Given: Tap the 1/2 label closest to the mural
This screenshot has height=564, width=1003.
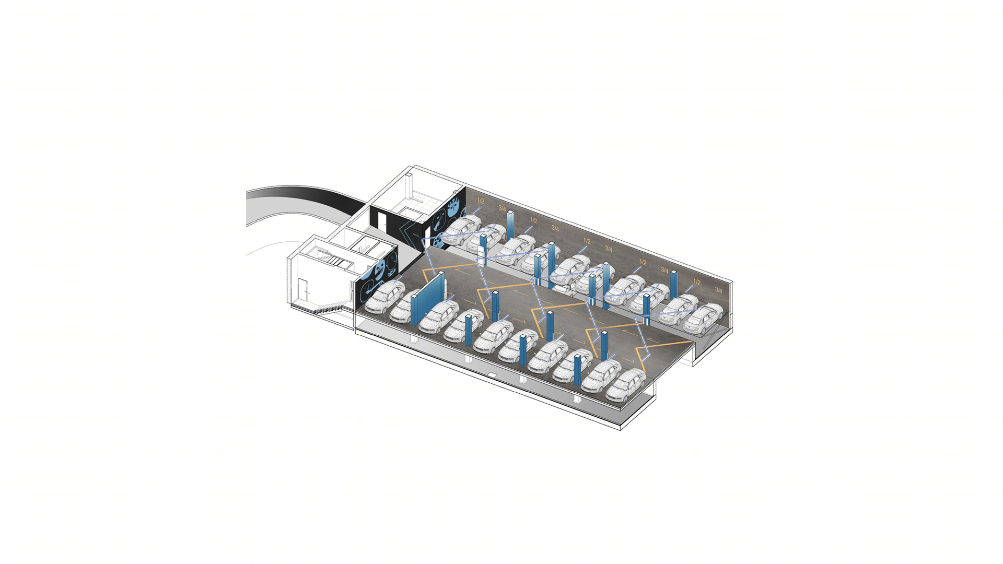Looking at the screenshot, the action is pyautogui.click(x=480, y=201).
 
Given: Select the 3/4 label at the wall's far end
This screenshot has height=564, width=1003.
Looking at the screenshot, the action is pyautogui.click(x=718, y=290).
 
